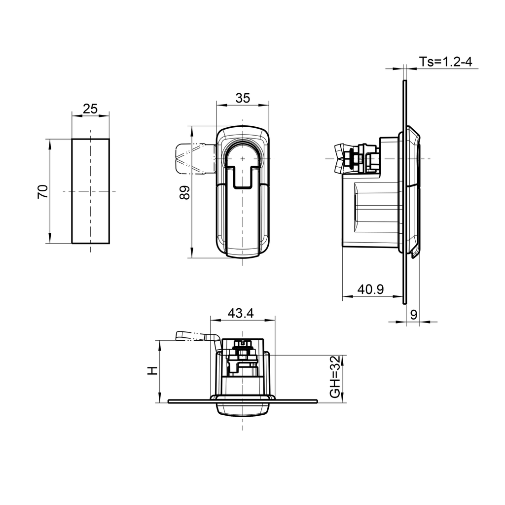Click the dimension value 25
90,109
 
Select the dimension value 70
43,191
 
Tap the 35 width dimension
242,98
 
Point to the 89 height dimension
184,192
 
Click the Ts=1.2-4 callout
446,62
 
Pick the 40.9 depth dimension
370,289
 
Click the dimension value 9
413,314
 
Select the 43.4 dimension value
241,313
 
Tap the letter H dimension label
153,370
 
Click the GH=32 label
335,377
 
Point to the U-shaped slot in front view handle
243,168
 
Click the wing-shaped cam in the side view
340,158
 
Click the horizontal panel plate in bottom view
296,401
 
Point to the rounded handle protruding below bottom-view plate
242,410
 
